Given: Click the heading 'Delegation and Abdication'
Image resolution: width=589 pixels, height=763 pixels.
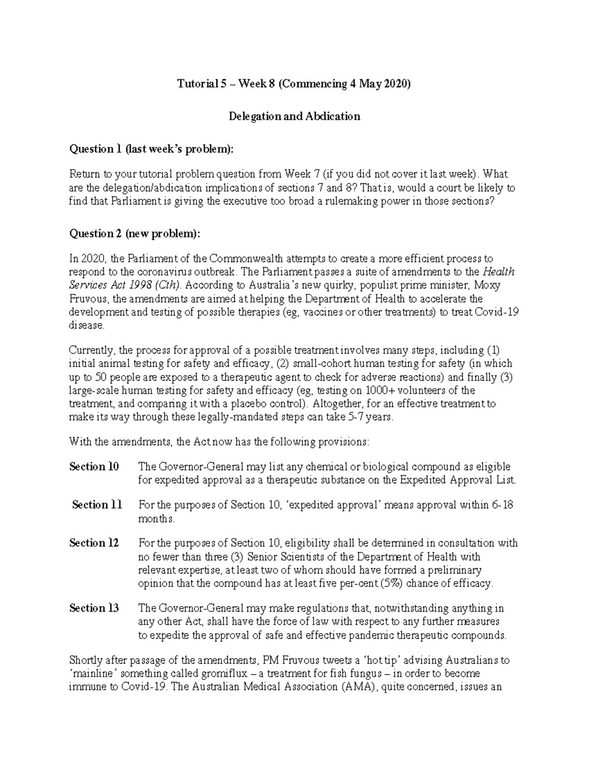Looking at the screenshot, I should (294, 116).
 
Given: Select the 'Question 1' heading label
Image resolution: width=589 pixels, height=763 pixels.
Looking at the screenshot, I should (95, 149).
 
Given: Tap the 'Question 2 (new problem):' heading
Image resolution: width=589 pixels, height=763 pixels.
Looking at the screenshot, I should (135, 233).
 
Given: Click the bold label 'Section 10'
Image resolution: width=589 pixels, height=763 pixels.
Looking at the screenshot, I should (94, 466).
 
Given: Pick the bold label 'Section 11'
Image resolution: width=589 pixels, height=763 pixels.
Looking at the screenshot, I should (97, 505).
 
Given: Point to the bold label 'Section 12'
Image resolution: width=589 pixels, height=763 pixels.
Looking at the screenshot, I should (94, 543).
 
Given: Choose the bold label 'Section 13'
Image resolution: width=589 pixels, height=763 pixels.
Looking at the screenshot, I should (94, 608).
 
